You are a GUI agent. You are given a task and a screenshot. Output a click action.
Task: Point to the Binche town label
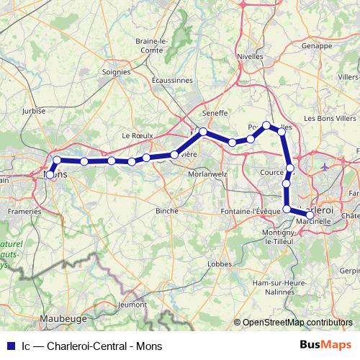pyautogui.click(x=166, y=210)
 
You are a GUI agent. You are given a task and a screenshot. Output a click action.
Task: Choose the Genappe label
pyautogui.click(x=321, y=45)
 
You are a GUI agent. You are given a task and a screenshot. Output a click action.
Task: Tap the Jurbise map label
pyautogui.click(x=35, y=111)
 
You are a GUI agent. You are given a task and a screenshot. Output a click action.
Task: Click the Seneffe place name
pyautogui.click(x=215, y=113)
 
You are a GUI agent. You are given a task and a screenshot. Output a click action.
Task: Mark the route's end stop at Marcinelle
pyautogui.click(x=310, y=215)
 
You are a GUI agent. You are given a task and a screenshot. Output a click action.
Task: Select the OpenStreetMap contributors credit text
pyautogui.click(x=297, y=323)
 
